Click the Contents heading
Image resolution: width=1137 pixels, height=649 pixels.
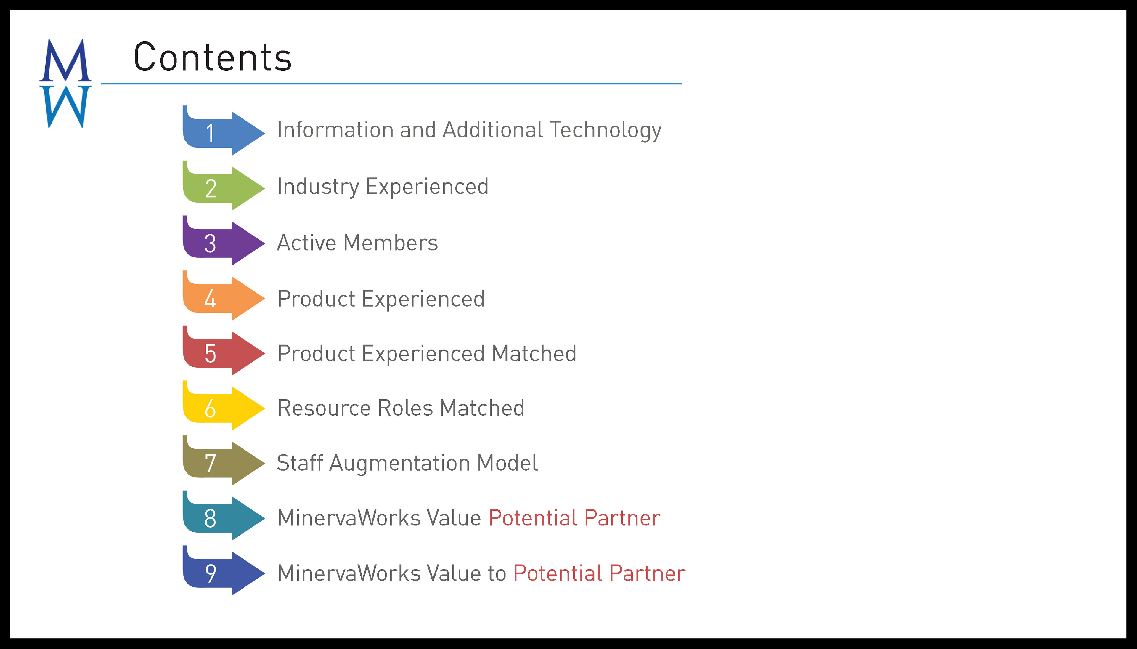[213, 57]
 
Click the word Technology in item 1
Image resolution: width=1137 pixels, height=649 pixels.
[606, 131]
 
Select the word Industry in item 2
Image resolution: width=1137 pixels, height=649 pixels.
[318, 187]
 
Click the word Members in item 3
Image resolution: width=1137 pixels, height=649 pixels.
[391, 243]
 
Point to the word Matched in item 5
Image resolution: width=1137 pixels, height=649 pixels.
[534, 353]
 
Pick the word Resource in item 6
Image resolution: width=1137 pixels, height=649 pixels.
[324, 408]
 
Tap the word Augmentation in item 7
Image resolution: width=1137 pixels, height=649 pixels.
[400, 464]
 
